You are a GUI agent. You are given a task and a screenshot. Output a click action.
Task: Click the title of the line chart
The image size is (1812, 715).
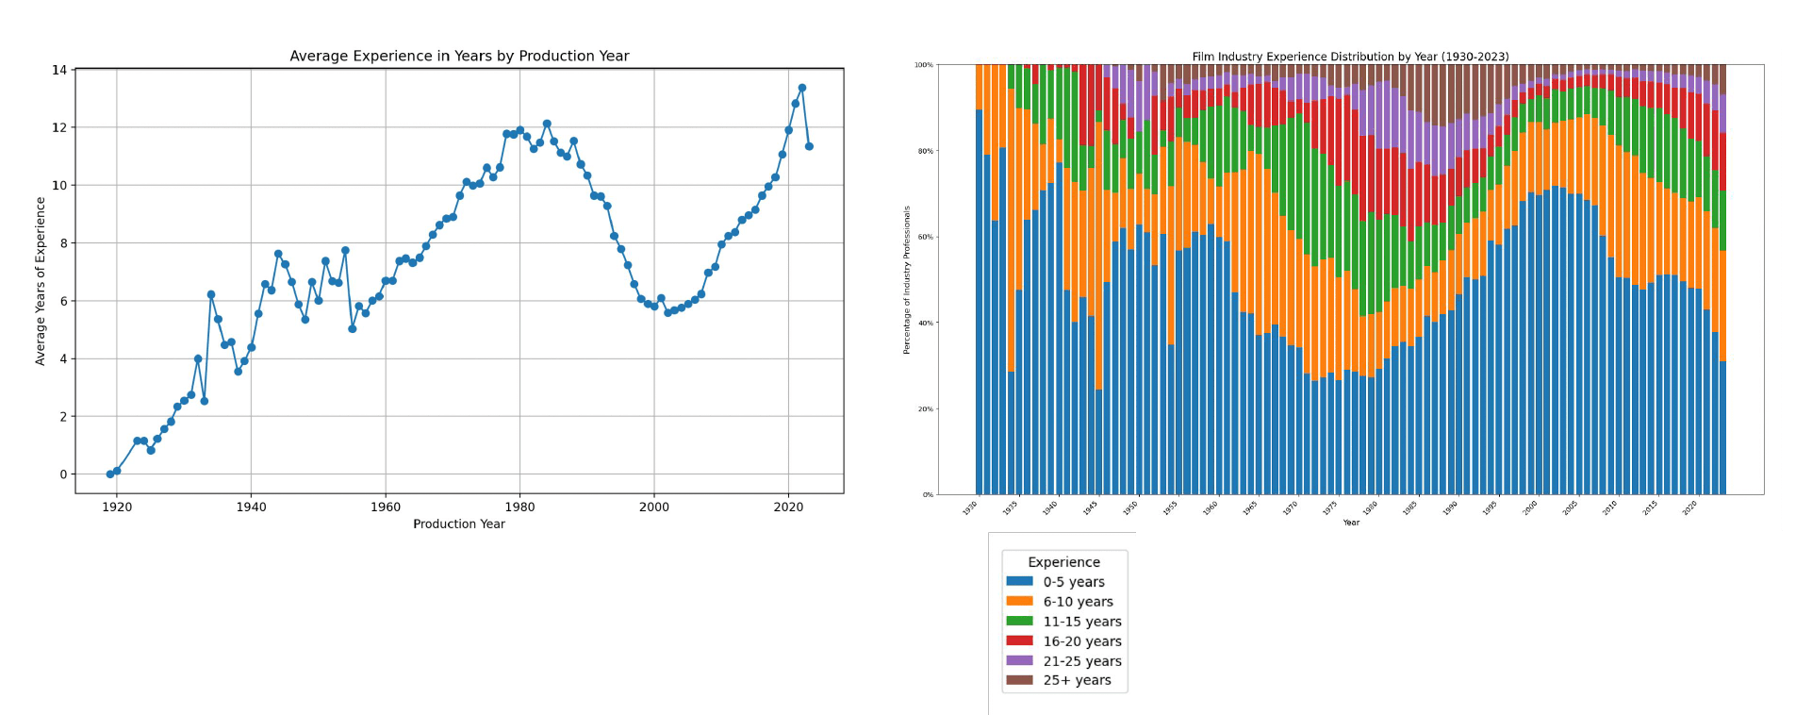(x=459, y=56)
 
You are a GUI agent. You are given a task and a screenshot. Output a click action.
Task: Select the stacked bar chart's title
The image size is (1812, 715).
(x=1350, y=57)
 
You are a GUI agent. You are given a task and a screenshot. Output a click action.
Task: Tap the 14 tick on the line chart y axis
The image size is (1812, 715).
(x=59, y=70)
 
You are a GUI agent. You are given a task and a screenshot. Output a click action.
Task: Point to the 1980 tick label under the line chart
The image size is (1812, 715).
(x=519, y=507)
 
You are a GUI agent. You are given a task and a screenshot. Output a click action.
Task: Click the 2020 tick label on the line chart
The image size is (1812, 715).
(x=788, y=507)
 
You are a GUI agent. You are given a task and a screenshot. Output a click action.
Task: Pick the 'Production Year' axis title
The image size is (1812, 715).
(x=459, y=524)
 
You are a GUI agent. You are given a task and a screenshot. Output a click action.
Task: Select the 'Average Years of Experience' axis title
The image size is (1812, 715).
(x=41, y=281)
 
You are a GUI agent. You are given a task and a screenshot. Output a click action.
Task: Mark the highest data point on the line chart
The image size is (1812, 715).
(x=801, y=88)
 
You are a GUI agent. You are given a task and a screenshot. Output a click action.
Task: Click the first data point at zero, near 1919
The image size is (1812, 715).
(x=110, y=474)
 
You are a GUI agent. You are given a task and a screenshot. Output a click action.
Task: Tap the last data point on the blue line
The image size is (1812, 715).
(x=809, y=146)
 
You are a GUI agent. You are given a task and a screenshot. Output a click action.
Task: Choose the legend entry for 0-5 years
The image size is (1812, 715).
(x=1073, y=582)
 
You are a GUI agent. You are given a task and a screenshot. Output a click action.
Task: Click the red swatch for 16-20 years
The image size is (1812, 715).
(x=1019, y=641)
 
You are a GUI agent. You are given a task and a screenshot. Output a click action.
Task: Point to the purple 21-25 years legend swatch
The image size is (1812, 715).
(x=1019, y=661)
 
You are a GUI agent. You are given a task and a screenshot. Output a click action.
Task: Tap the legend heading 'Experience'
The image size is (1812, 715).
(x=1063, y=562)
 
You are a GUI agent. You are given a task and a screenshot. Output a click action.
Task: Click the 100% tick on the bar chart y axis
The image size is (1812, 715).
(x=923, y=65)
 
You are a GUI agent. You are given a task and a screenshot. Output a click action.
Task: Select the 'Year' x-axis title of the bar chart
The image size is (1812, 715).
(x=1351, y=522)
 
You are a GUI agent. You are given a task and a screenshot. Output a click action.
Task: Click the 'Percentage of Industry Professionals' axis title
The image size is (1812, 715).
(x=907, y=280)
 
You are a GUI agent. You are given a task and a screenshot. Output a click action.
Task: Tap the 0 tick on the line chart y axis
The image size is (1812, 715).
(x=63, y=474)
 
